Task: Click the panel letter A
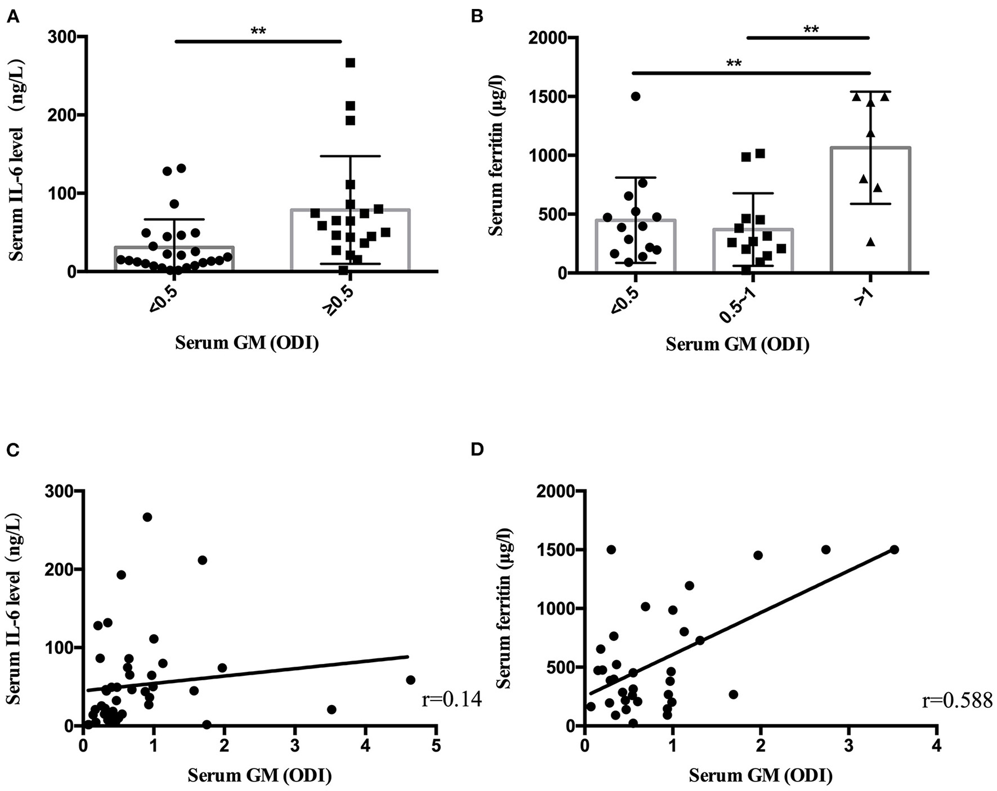[x=13, y=17]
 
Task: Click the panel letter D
[x=477, y=450]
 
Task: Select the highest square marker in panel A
[x=350, y=62]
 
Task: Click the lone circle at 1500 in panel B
[x=636, y=96]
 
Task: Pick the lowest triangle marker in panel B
[x=870, y=242]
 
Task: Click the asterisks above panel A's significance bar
[x=258, y=32]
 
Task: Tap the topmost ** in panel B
[x=811, y=30]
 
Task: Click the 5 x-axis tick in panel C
[x=436, y=746]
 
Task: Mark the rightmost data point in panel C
[x=410, y=680]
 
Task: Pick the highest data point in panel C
[x=147, y=517]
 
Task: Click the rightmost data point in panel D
[x=894, y=549]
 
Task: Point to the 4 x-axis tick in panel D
[x=936, y=746]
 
